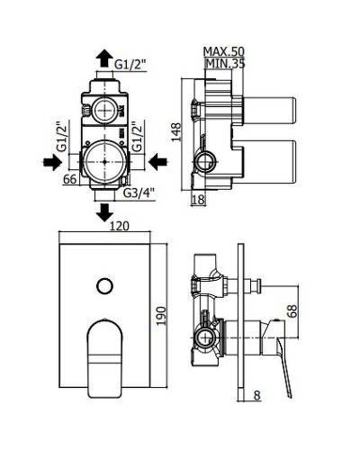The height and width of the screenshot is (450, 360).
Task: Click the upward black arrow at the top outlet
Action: coord(104,53)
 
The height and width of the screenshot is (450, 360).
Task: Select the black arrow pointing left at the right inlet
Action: coord(158,161)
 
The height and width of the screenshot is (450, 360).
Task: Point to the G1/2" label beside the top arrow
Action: coord(132,63)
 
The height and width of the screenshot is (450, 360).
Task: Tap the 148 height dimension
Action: coord(181,133)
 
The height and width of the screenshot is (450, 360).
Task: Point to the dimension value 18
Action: coord(200,199)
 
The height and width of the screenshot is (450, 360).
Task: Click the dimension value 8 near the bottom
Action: coord(257,393)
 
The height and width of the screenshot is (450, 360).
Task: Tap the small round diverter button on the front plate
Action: coord(104,286)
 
